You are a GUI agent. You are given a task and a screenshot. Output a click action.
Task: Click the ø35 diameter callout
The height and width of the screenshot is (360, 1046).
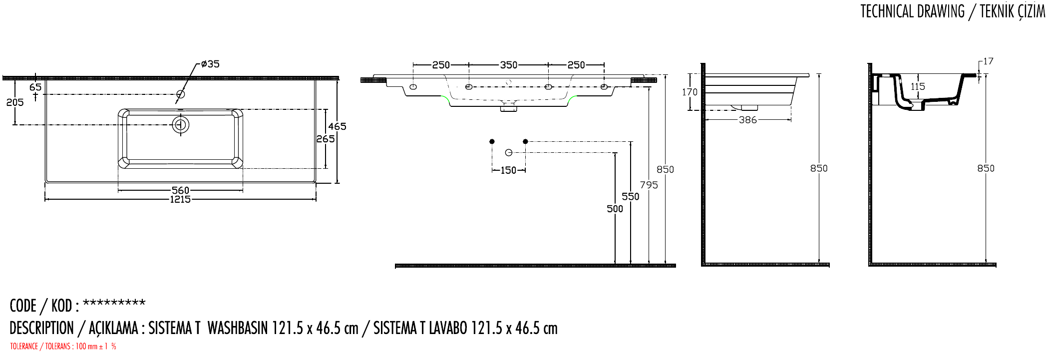[x=210, y=64]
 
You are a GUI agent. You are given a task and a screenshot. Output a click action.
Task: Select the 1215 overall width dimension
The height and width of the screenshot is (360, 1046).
[x=180, y=200]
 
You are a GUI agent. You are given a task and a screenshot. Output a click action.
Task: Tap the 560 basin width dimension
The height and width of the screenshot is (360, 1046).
[x=180, y=190]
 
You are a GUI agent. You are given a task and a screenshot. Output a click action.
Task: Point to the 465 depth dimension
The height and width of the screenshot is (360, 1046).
[x=337, y=126]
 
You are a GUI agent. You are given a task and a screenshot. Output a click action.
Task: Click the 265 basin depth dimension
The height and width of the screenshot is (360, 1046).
[x=326, y=139]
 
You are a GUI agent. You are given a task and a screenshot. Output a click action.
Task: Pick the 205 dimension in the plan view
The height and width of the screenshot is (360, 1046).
[x=15, y=102]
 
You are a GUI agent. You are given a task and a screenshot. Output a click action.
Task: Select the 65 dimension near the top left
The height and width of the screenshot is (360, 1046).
[x=35, y=87]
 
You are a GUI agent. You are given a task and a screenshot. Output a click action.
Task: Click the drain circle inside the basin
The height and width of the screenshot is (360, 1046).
[x=180, y=124]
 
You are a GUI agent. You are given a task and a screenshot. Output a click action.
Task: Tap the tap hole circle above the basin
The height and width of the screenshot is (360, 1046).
[x=181, y=94]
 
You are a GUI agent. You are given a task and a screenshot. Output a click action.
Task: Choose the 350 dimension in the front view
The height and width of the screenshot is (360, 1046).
[x=509, y=65]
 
